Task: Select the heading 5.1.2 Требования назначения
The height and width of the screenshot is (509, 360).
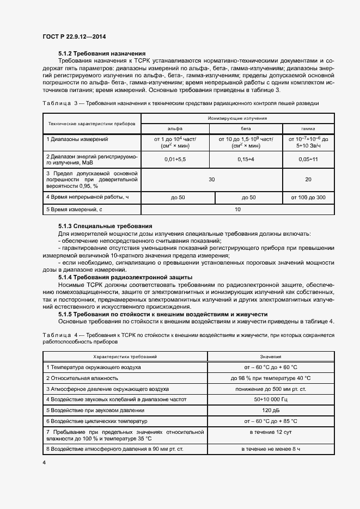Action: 101,53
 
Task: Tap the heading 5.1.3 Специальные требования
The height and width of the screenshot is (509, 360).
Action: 105,226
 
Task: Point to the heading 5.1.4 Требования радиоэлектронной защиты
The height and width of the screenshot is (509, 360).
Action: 130,277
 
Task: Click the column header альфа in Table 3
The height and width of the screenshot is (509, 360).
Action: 175,128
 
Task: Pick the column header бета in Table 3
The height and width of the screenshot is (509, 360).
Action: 246,128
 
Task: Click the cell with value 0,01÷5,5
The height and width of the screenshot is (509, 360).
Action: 175,160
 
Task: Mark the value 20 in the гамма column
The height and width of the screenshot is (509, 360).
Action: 308,179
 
